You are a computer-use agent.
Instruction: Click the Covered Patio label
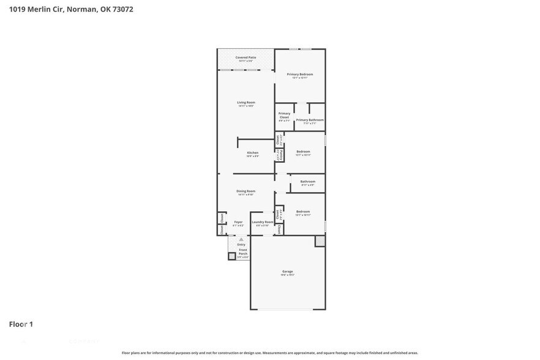(x=246, y=58)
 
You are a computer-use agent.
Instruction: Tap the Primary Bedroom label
(x=300, y=74)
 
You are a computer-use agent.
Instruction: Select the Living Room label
(x=246, y=102)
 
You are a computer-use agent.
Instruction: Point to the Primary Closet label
(x=285, y=115)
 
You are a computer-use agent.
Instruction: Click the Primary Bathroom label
(x=310, y=120)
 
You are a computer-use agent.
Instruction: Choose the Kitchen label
(x=253, y=152)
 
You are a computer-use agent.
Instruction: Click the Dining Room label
(x=246, y=191)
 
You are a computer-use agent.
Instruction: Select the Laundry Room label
(x=262, y=222)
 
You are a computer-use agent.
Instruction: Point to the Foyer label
(x=238, y=222)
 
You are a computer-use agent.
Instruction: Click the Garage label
(x=288, y=271)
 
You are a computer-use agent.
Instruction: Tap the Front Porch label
(x=243, y=252)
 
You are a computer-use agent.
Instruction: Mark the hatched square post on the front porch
(x=232, y=256)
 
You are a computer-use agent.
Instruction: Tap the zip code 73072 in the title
(x=121, y=9)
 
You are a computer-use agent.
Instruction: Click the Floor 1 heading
(x=21, y=324)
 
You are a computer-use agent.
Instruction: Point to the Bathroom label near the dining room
(x=308, y=181)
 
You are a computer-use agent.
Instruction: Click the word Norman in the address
(x=80, y=9)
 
